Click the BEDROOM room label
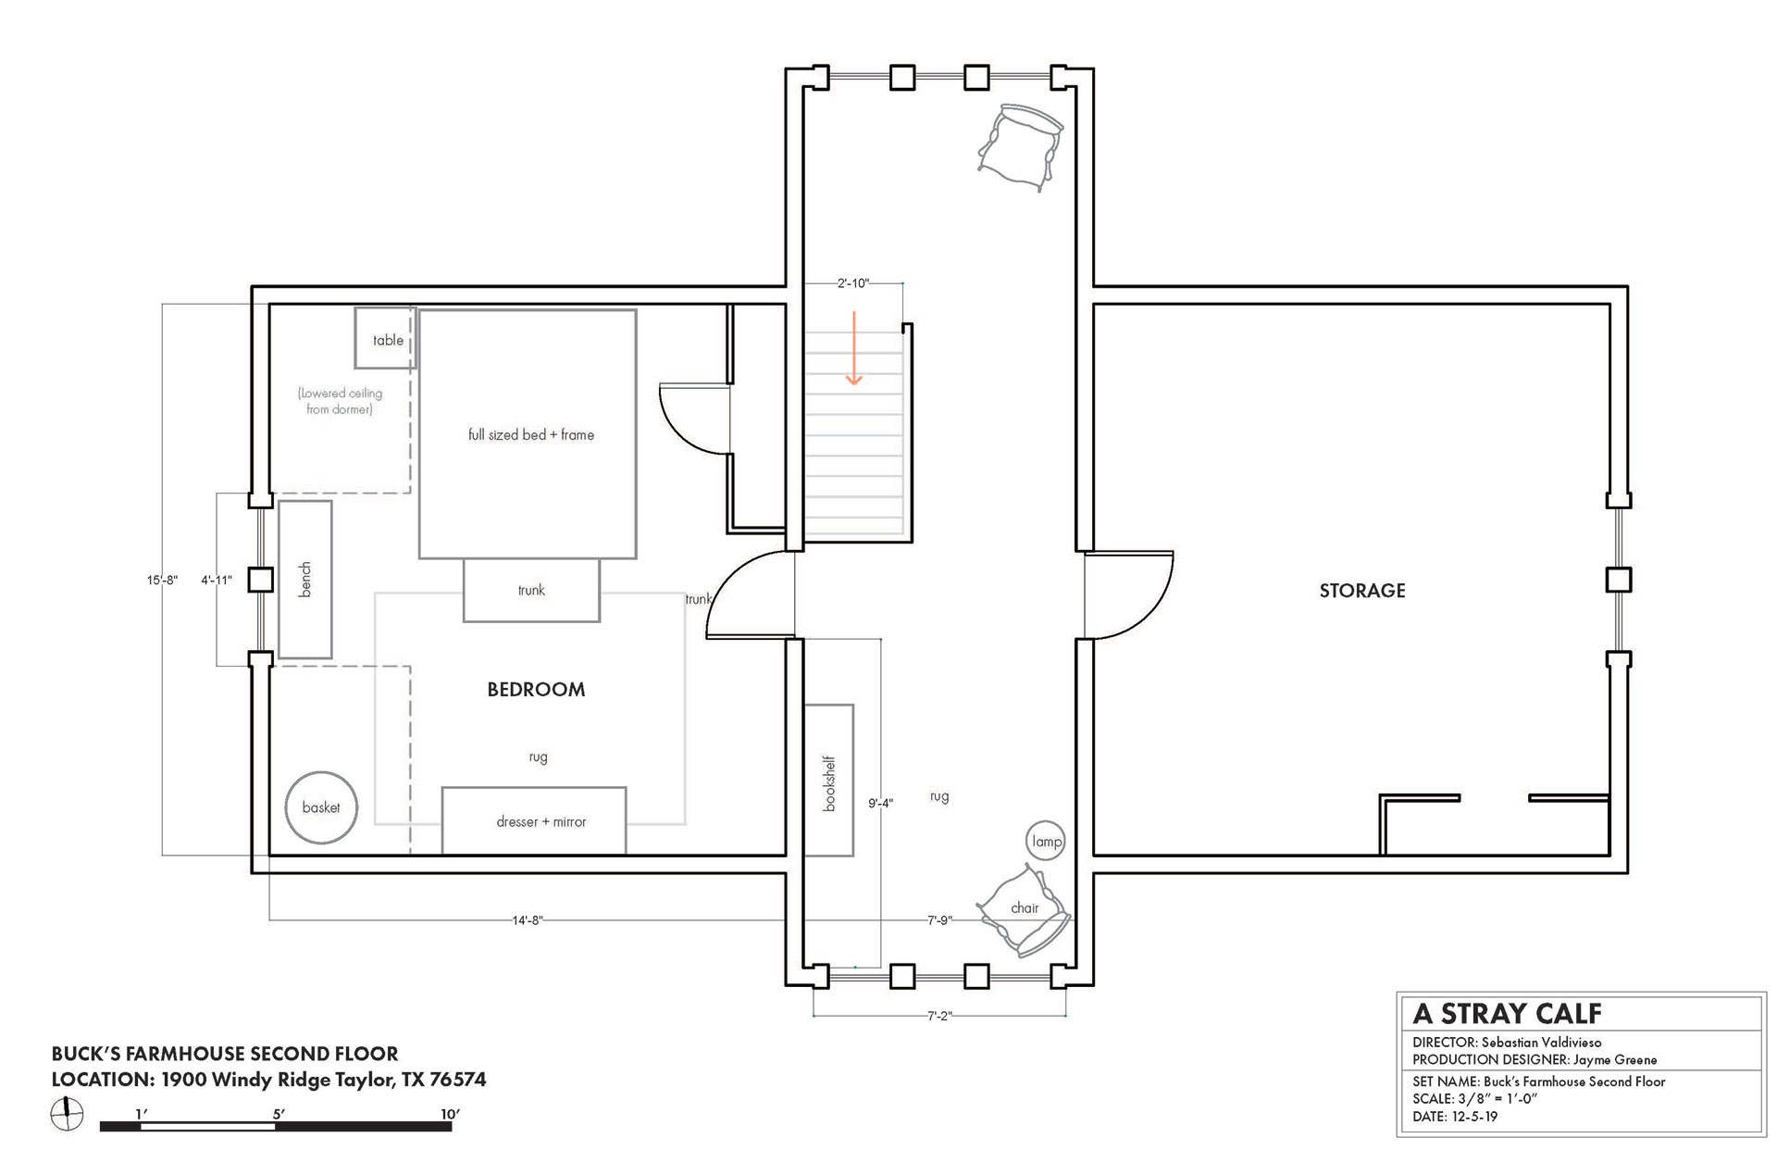pos(536,689)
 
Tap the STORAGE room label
pos(1362,591)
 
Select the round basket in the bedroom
pos(321,807)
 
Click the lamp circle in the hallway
pos(1047,841)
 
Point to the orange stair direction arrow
pos(854,348)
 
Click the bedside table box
pos(385,338)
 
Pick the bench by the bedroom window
pos(305,580)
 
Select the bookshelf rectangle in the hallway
pos(828,780)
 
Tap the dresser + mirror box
pos(534,820)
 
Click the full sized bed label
pos(531,434)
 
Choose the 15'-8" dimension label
pos(162,581)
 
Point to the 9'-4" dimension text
pos(880,803)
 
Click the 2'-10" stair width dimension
pos(853,283)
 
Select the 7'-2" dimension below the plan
pos(939,1016)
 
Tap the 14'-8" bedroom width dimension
pos(528,920)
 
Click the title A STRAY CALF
pos(1507,1014)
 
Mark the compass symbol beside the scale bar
pos(67,1113)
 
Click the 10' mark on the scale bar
pos(450,1114)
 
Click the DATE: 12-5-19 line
pos(1455,1117)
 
